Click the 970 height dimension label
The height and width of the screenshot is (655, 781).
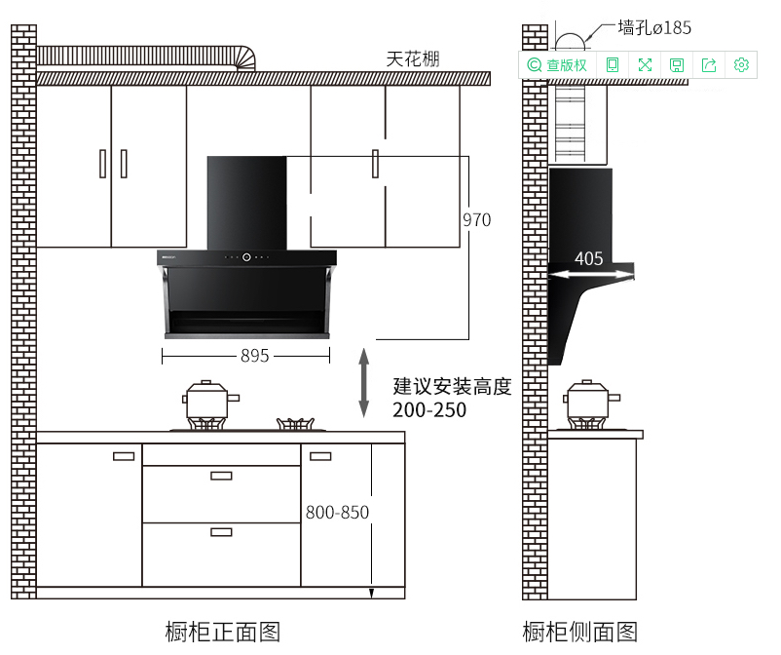[476, 220]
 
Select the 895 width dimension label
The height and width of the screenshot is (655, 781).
[254, 357]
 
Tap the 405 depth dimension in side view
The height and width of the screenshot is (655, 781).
[588, 259]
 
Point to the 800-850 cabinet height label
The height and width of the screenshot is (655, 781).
[337, 512]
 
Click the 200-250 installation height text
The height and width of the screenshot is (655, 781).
[429, 410]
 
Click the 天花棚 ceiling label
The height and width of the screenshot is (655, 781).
[413, 59]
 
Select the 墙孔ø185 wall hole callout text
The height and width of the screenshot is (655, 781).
[654, 27]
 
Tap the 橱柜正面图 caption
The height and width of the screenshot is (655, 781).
[223, 632]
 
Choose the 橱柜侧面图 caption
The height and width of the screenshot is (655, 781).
[580, 632]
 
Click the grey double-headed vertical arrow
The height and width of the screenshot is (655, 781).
[364, 382]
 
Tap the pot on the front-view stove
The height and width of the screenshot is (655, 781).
[209, 401]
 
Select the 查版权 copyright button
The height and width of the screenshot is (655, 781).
[558, 65]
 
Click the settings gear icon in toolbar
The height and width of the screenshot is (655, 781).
[741, 65]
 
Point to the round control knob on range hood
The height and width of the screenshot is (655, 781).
[246, 258]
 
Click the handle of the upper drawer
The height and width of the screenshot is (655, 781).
[221, 476]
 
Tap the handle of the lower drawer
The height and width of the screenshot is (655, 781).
[221, 532]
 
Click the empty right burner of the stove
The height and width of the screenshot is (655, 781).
[299, 424]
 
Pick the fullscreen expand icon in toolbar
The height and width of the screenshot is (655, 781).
[645, 65]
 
